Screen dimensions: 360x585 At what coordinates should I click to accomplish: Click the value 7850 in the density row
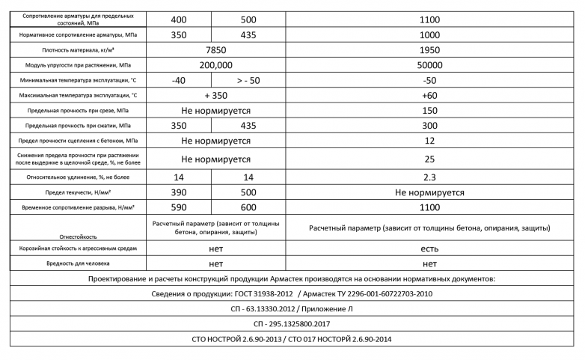click(215, 50)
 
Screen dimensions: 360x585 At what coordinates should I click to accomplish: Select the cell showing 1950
click(429, 50)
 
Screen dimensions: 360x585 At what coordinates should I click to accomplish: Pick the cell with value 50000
click(429, 65)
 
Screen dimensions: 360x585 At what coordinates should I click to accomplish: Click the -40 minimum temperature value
click(179, 80)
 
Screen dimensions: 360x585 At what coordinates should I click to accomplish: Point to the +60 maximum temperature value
click(429, 95)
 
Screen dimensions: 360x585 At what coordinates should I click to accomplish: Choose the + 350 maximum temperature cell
click(215, 95)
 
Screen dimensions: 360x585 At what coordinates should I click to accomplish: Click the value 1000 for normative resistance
click(429, 34)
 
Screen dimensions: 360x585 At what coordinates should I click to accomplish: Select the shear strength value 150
click(429, 110)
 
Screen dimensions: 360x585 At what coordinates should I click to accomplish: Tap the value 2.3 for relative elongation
click(429, 177)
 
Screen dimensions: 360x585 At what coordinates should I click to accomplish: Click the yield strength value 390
click(179, 192)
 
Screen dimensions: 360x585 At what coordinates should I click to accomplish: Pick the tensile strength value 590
click(179, 207)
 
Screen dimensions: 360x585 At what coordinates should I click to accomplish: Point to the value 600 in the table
click(248, 207)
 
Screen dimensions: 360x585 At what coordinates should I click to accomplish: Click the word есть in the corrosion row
click(429, 248)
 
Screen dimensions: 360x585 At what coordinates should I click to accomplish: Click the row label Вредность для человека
click(79, 263)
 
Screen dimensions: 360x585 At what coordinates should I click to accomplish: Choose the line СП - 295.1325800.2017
click(292, 324)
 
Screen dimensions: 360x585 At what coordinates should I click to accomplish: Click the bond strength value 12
click(429, 140)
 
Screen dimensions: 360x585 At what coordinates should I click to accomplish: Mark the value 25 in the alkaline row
click(429, 159)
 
